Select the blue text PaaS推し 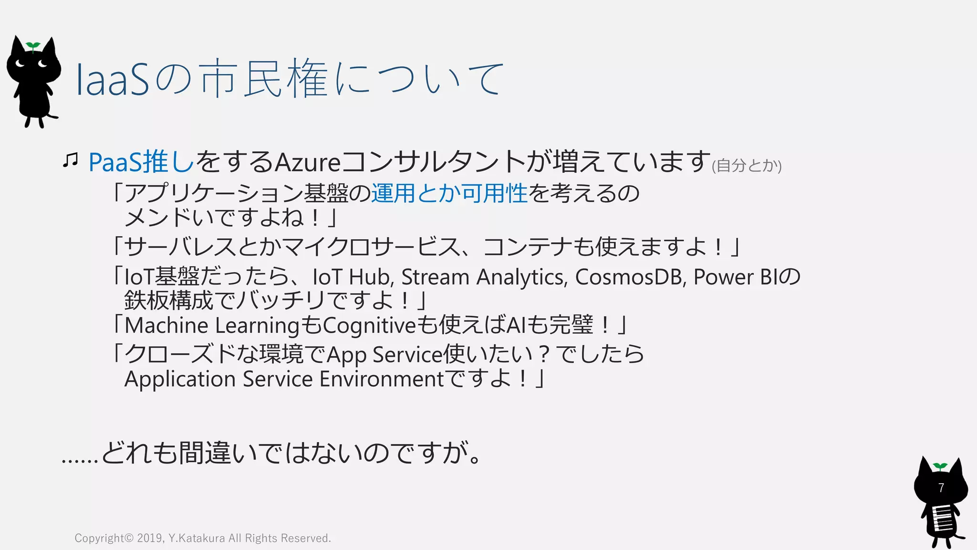pos(141,162)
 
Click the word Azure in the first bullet pos(308,162)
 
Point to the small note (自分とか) pos(747,166)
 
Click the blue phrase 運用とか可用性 pos(449,194)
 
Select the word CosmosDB pos(630,277)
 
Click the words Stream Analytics pos(485,277)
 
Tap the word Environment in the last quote pos(382,380)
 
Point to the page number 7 pos(941,487)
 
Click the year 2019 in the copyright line pos(149,538)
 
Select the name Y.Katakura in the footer pos(197,538)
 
